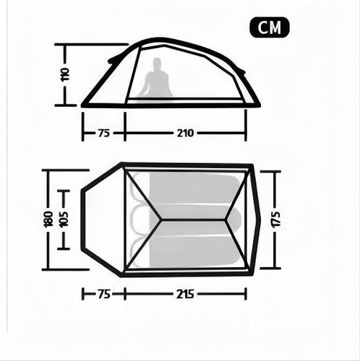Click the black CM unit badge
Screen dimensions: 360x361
coord(269,27)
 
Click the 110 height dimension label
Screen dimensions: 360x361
coord(65,74)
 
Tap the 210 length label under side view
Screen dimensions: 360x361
coord(185,133)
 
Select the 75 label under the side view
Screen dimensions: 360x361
coord(104,133)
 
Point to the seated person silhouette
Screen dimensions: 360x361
coord(158,77)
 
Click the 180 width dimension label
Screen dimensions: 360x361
coord(48,219)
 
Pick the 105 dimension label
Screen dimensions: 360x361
coord(64,219)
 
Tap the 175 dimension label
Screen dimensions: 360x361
coord(275,219)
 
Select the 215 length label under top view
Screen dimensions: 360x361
coord(185,294)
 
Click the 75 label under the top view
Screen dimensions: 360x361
coord(104,294)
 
